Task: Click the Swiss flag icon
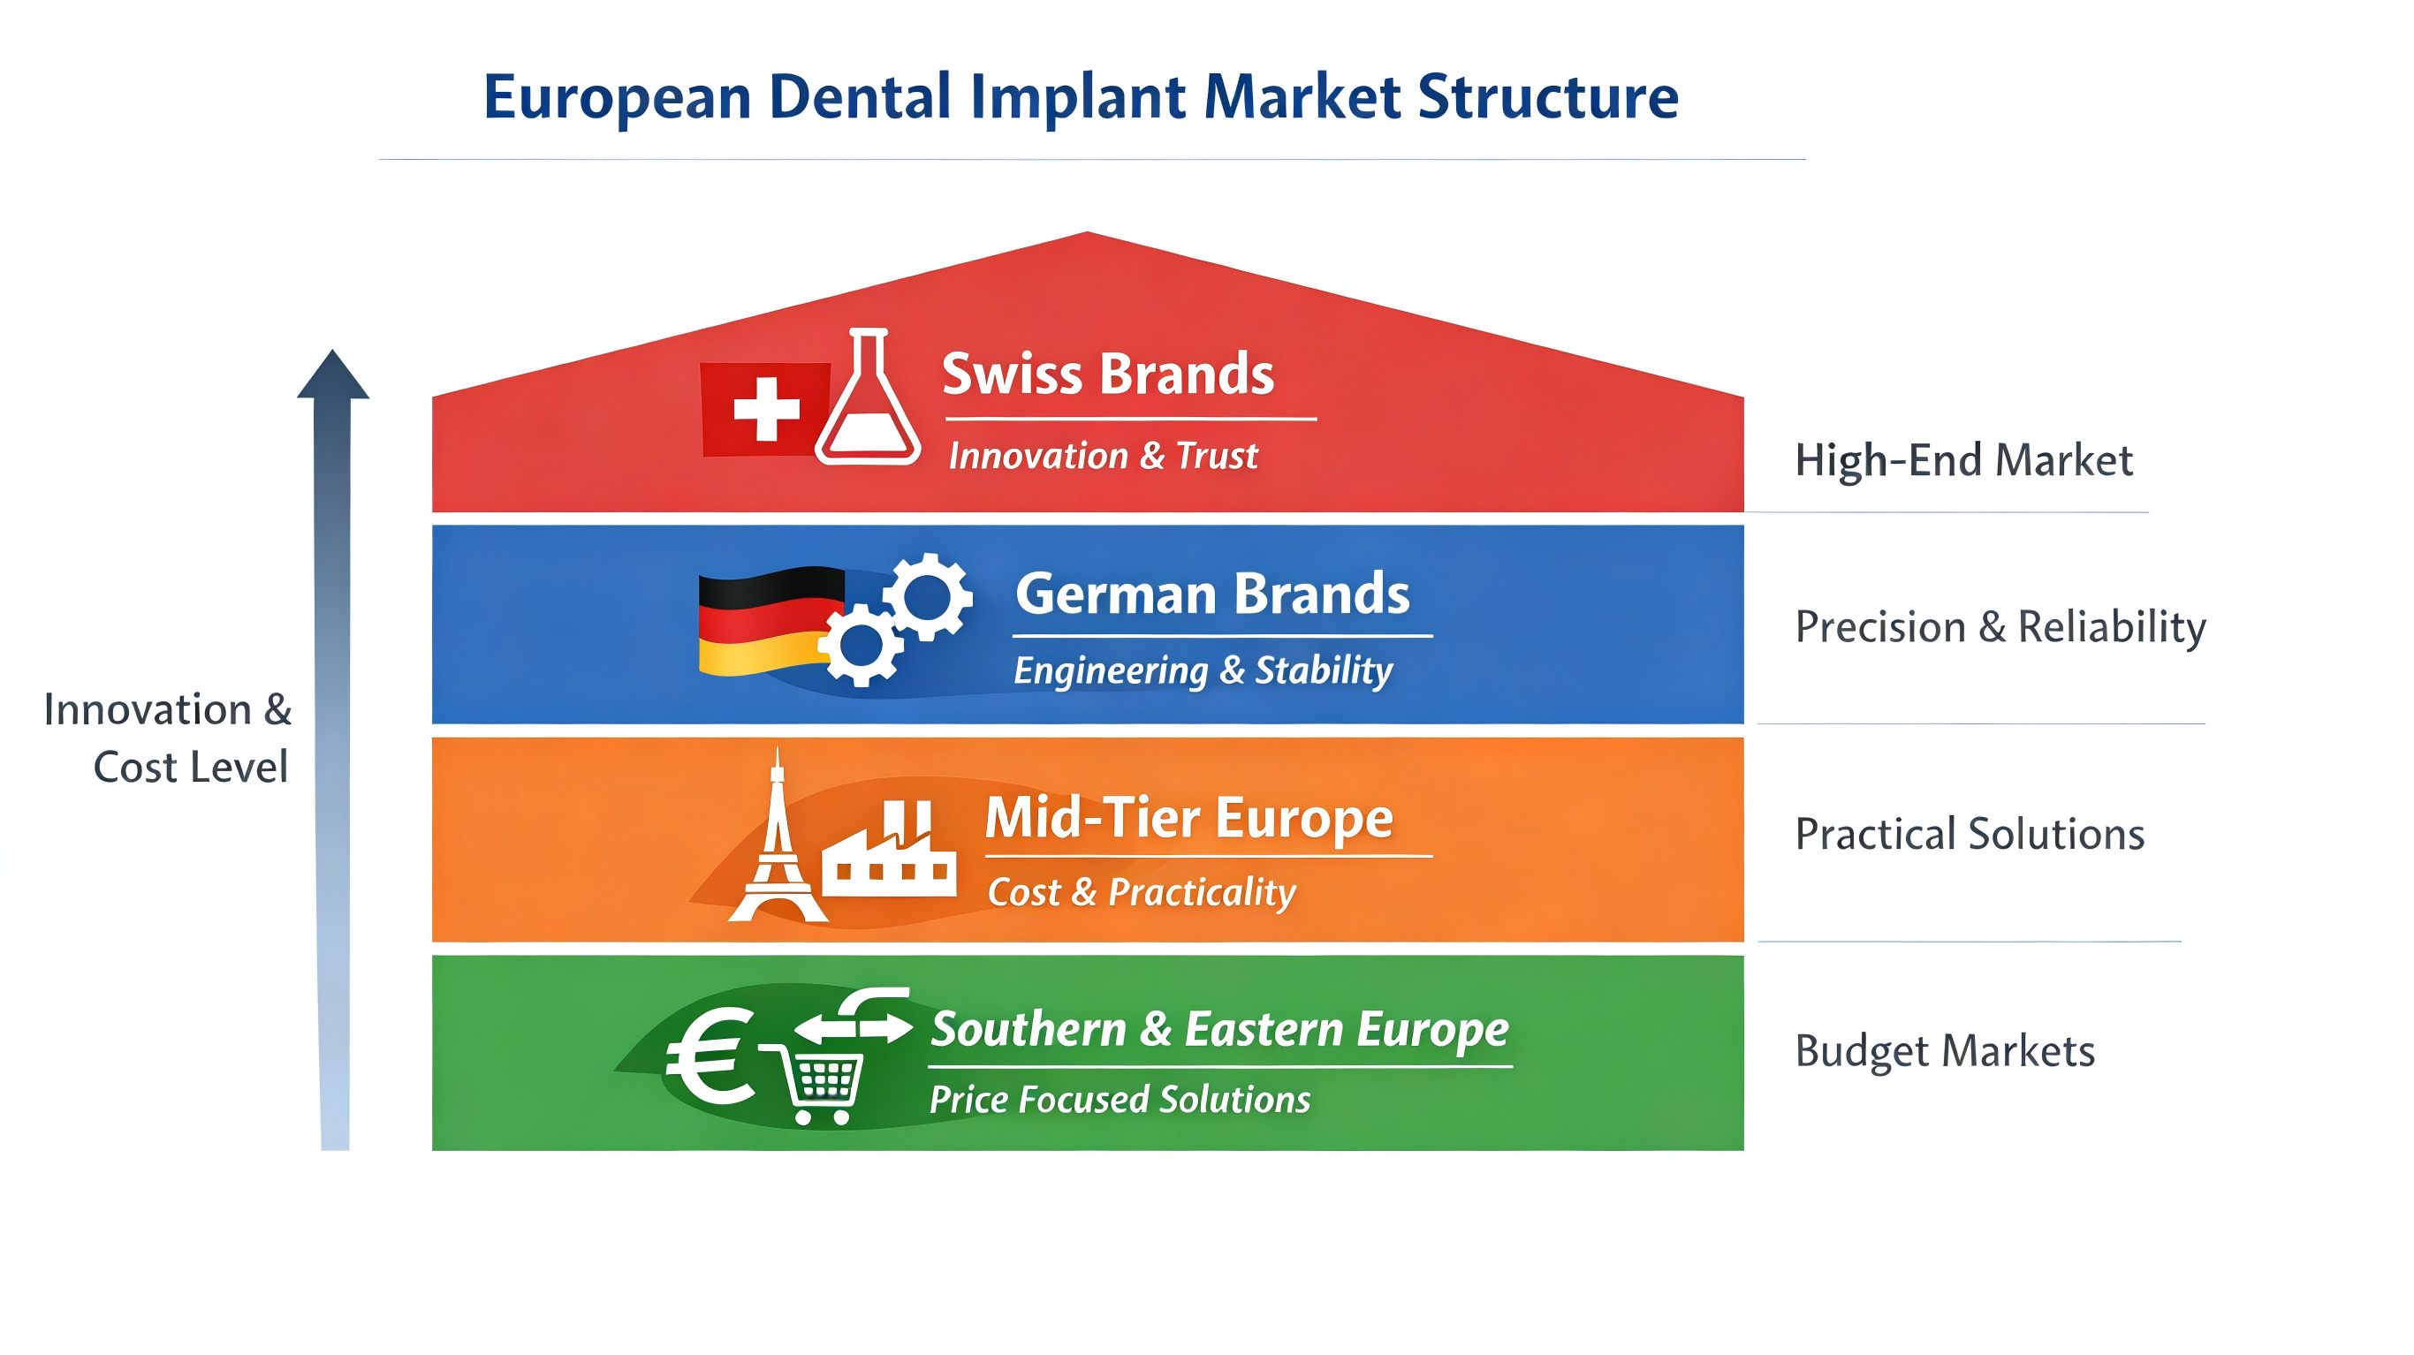tap(764, 410)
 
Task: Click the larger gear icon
tap(927, 596)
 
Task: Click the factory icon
tap(891, 852)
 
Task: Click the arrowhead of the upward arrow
tap(332, 375)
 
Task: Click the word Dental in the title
tap(860, 96)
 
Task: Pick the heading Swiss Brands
tap(1107, 374)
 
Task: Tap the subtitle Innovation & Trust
tap(1102, 457)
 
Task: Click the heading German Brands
tap(1211, 594)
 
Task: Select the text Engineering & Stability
tap(1203, 671)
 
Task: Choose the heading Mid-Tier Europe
tap(1188, 818)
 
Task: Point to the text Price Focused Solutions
tap(1119, 1099)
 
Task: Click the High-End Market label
tap(1963, 461)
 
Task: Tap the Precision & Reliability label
tap(2000, 627)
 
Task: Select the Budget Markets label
tap(1945, 1051)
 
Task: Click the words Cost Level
tap(190, 768)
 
